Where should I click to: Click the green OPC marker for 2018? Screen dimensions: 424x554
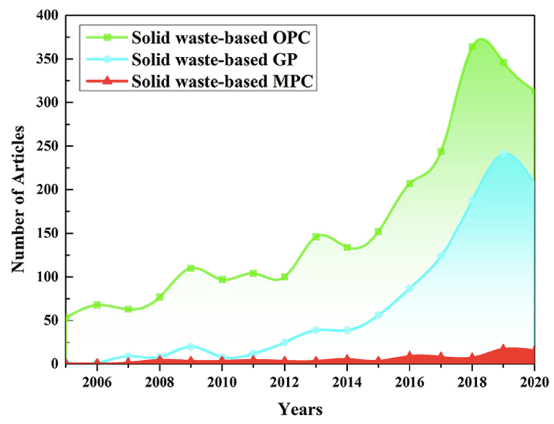(472, 47)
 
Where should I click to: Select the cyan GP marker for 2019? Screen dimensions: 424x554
(503, 154)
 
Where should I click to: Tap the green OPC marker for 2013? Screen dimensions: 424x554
(316, 237)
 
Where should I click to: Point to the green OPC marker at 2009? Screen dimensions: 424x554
(191, 268)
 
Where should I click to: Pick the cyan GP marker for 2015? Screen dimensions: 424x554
(378, 315)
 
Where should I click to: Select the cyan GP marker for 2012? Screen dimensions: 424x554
(285, 342)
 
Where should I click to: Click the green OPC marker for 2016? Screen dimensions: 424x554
(410, 183)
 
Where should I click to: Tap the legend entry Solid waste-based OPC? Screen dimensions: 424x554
(221, 38)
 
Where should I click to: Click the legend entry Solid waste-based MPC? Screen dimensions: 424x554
(222, 81)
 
